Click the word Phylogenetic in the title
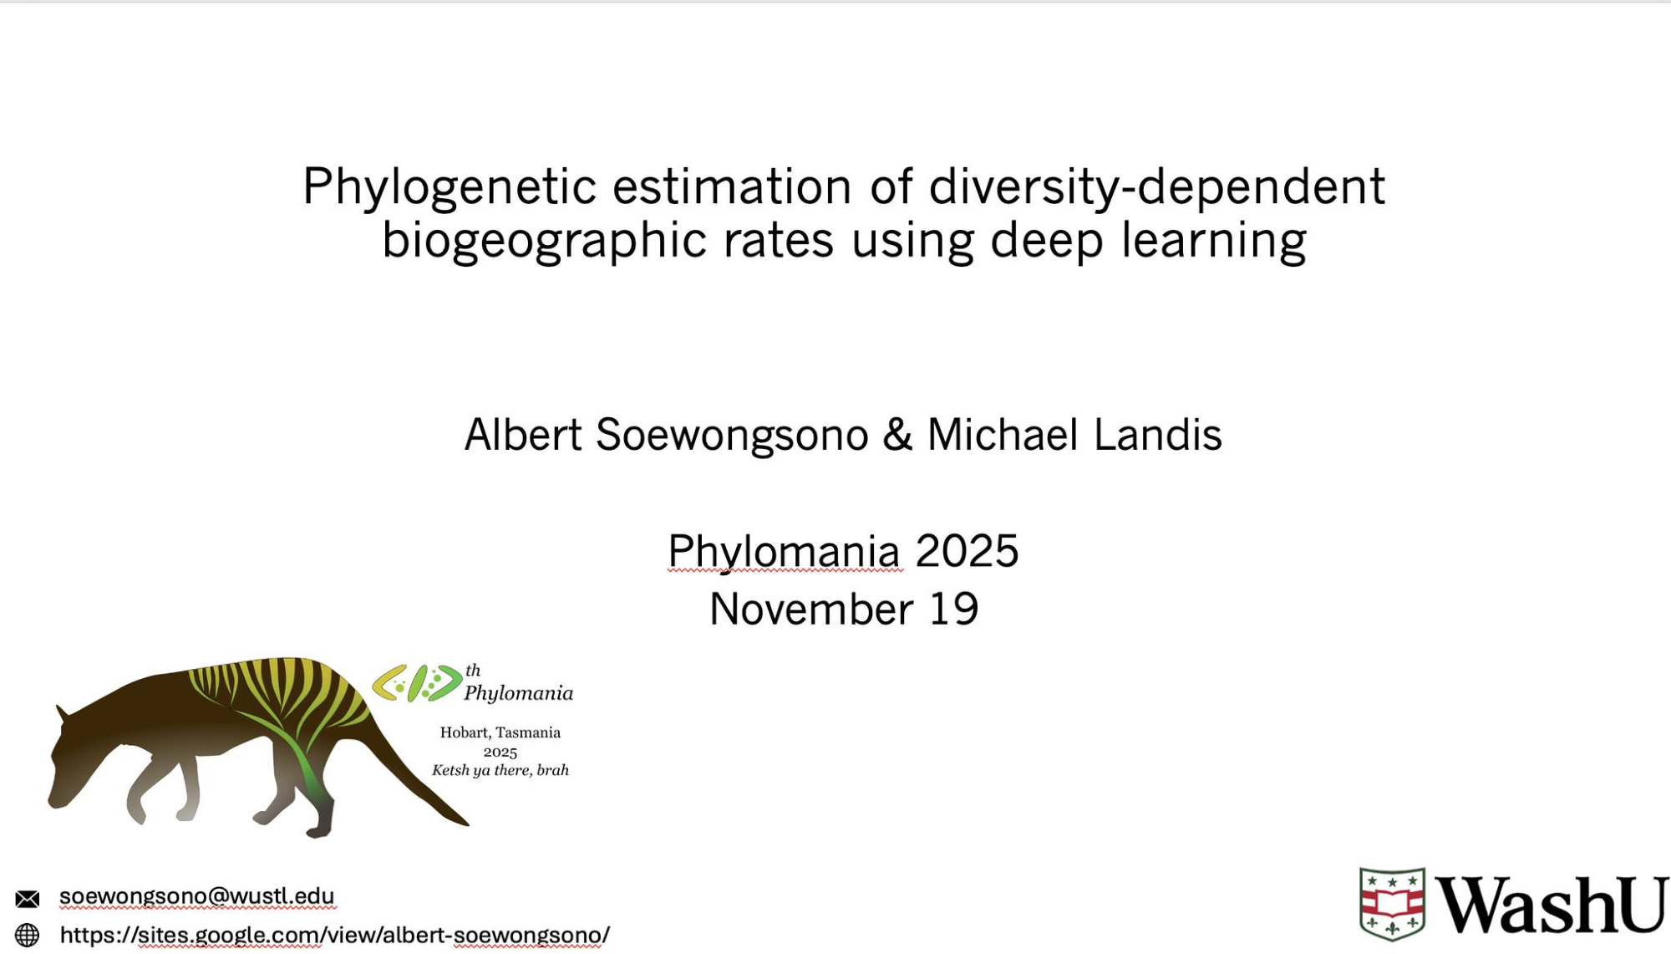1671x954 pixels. (x=449, y=187)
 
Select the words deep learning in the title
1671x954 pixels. (x=1148, y=241)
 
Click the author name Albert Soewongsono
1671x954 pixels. (x=666, y=435)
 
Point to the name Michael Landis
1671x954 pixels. (x=1074, y=435)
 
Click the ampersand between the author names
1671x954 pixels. (x=897, y=435)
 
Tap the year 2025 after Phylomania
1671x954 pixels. (x=967, y=551)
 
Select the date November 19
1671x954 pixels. (x=844, y=609)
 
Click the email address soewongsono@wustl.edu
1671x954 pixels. (x=196, y=896)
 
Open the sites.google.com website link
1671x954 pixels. (x=334, y=935)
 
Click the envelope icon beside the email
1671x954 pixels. (x=28, y=899)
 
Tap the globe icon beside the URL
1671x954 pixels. (x=28, y=935)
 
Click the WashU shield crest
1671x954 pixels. (x=1392, y=904)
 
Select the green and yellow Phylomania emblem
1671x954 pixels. (x=417, y=683)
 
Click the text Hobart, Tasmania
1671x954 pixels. (x=500, y=732)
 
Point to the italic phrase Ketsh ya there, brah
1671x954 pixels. (x=500, y=770)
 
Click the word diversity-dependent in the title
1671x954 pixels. (x=1157, y=187)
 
